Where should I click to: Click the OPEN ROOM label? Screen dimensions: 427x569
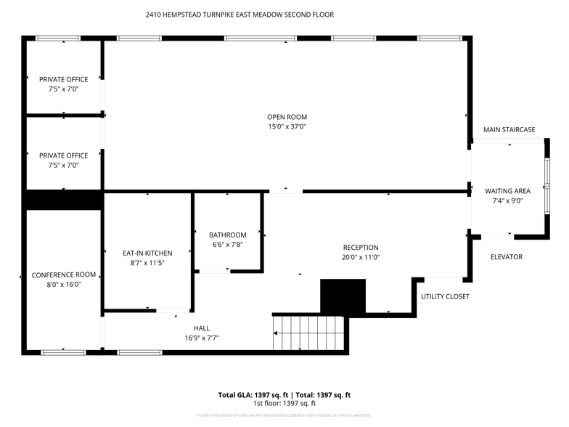[287, 117]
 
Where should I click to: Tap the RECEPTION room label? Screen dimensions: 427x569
[361, 248]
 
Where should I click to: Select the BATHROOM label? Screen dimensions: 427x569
[227, 235]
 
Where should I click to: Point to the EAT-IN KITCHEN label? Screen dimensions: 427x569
[147, 253]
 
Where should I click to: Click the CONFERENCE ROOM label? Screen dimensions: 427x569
[64, 274]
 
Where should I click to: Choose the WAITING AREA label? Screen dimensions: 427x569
[507, 191]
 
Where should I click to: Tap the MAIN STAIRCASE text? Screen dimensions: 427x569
[509, 130]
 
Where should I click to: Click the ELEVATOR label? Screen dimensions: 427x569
[506, 257]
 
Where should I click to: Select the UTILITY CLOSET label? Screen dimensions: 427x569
[445, 296]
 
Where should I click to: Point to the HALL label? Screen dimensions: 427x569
[202, 328]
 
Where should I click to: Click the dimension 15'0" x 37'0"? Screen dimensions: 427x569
[287, 127]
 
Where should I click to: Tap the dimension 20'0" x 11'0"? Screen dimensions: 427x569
[361, 258]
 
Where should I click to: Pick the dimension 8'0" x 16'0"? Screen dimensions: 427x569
[64, 285]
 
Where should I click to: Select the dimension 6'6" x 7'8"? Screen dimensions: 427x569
[227, 245]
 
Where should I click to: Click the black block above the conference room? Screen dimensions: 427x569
[64, 200]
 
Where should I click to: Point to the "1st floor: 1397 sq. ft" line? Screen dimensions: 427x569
[284, 403]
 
